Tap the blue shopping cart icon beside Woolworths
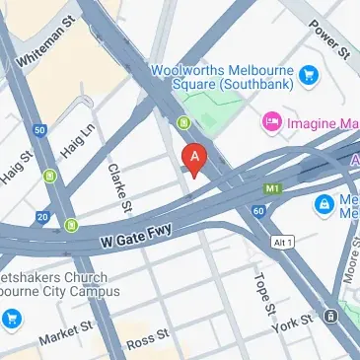tap(311, 73)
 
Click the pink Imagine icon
tap(269, 122)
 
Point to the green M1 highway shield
tap(271, 187)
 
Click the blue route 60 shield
tap(258, 210)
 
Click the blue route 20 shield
tap(42, 216)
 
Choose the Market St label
tap(65, 332)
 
